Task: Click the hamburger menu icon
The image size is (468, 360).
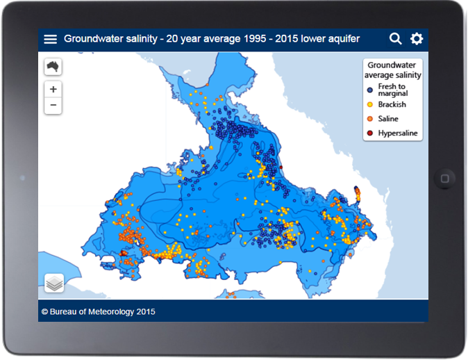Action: (x=50, y=39)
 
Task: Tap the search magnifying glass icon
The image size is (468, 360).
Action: (x=396, y=39)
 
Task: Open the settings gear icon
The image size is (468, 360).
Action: (x=417, y=39)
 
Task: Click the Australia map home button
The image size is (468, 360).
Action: (x=53, y=66)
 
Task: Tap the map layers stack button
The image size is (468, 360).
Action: (x=54, y=283)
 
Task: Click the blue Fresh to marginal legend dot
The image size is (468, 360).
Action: (x=370, y=90)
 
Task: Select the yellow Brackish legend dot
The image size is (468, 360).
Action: (x=370, y=104)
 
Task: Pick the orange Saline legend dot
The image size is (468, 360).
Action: (x=370, y=119)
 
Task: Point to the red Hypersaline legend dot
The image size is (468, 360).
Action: (x=370, y=133)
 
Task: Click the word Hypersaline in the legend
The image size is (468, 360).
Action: (x=398, y=133)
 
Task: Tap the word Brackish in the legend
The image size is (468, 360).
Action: (x=392, y=104)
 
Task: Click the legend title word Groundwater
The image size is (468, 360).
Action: (x=392, y=65)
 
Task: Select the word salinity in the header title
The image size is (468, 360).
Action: (x=142, y=39)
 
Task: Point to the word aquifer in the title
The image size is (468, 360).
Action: (x=344, y=39)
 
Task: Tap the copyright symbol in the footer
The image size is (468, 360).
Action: (x=44, y=312)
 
